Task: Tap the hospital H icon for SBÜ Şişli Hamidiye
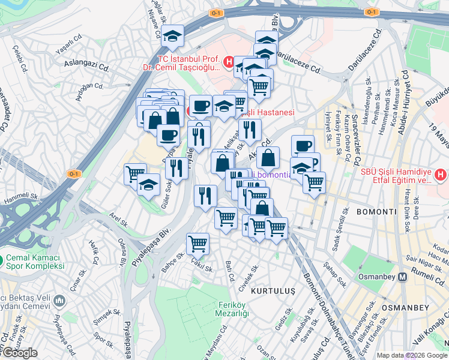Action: pos(441,175)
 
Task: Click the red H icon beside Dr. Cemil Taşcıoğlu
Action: pos(229,61)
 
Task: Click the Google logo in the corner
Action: pos(20,352)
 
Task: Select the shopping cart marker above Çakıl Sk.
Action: pos(197,244)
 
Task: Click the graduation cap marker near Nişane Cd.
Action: pos(173,37)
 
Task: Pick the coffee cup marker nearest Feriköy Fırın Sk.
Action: pos(303,145)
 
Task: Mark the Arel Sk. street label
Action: pos(118,220)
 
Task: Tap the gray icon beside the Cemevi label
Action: pos(58,300)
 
